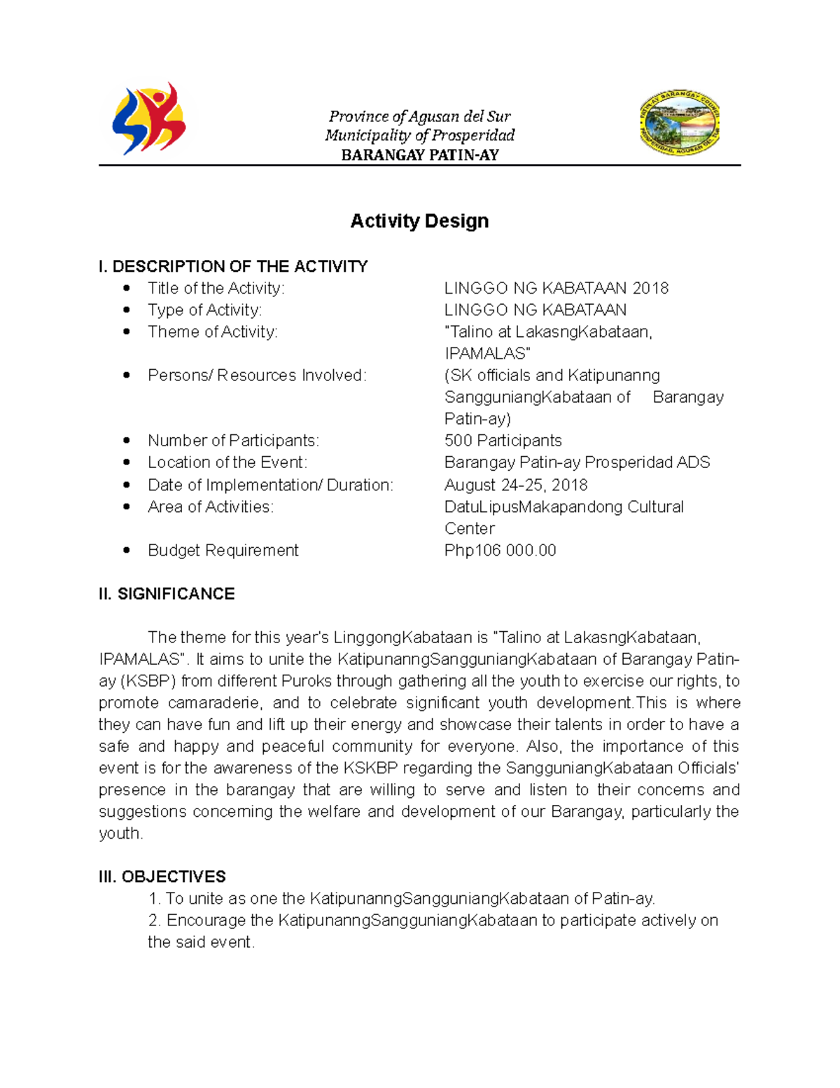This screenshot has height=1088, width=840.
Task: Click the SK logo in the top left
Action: click(x=149, y=119)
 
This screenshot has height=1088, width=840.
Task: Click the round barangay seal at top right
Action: click(x=679, y=123)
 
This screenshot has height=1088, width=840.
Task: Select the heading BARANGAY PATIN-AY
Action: click(x=419, y=155)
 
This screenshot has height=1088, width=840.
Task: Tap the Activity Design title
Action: click(x=419, y=221)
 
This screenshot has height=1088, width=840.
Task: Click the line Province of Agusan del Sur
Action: click(x=419, y=116)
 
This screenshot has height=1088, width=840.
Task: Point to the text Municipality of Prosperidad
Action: click(x=419, y=135)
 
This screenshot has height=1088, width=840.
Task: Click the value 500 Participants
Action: click(x=503, y=441)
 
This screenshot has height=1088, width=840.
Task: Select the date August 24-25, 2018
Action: click(x=516, y=485)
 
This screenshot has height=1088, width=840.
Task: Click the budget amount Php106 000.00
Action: click(x=500, y=550)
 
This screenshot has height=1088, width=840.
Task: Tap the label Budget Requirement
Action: click(x=223, y=550)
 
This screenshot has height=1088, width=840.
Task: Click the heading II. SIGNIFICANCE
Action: click(x=167, y=593)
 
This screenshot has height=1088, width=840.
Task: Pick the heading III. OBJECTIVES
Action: click(x=162, y=876)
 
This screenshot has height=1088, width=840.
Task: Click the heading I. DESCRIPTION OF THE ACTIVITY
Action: click(x=233, y=266)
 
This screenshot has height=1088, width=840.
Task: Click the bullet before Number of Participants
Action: click(x=127, y=441)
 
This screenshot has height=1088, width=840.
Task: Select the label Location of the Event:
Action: click(x=227, y=462)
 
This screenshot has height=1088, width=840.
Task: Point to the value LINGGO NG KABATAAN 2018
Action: click(x=556, y=288)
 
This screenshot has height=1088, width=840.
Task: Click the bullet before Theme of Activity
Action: click(x=127, y=331)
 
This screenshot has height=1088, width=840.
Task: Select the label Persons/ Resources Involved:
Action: click(x=257, y=376)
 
